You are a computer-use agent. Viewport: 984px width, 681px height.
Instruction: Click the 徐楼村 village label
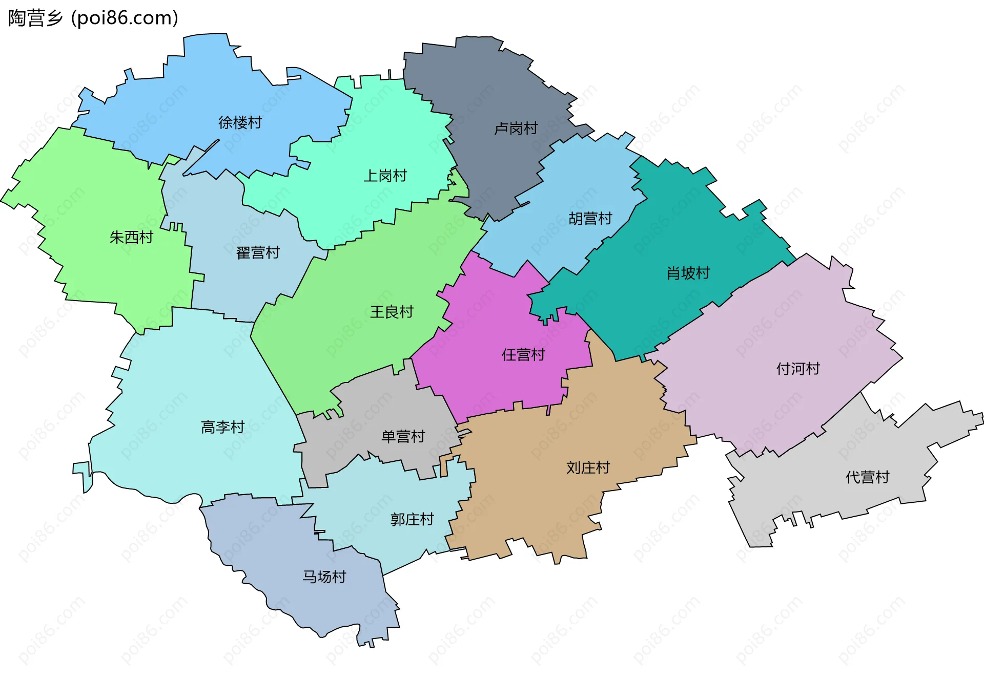coord(240,122)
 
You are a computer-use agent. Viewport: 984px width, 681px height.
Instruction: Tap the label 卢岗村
coord(516,128)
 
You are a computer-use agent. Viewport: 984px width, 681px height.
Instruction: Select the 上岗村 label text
coord(385,176)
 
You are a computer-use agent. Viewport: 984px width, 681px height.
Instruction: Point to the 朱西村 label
coord(131,237)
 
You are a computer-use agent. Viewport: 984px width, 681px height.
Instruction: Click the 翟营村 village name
coord(258,252)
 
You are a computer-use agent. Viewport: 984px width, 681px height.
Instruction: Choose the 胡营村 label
coord(590,219)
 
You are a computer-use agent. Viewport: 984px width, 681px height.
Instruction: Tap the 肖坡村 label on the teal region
coord(688,273)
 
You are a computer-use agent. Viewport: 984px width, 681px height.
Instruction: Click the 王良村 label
coord(392,312)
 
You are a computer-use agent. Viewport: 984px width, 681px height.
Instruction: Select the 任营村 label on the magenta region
coord(523,355)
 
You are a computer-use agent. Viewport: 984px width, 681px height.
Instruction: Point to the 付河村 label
coord(798,368)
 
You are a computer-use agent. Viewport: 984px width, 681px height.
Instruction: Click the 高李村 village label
coord(222,427)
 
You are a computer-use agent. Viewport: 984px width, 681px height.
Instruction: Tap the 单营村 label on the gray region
coord(403,436)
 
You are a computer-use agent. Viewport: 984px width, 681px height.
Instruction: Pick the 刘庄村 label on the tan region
coord(588,467)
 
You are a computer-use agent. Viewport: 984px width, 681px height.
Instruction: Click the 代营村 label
coord(867,477)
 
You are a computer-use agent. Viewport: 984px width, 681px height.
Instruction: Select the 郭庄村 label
coord(412,519)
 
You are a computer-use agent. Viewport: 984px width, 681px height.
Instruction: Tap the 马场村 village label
coord(324,577)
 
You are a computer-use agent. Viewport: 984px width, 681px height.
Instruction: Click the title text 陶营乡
coord(35,18)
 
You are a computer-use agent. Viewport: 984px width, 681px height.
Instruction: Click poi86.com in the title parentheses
coord(125,18)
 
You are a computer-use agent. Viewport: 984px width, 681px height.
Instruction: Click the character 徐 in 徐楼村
coord(225,122)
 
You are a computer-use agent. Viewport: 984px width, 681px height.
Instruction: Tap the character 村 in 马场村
coord(339,577)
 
